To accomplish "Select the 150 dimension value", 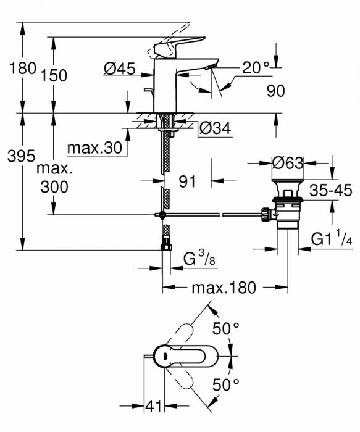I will [55, 75].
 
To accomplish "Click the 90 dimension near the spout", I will [275, 91].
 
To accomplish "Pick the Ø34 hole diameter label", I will [216, 129].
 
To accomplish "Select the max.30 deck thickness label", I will [94, 148].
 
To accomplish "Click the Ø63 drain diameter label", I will [288, 164].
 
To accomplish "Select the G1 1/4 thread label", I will [331, 238].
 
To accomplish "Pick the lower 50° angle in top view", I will [226, 386].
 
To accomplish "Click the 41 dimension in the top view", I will [153, 406].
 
